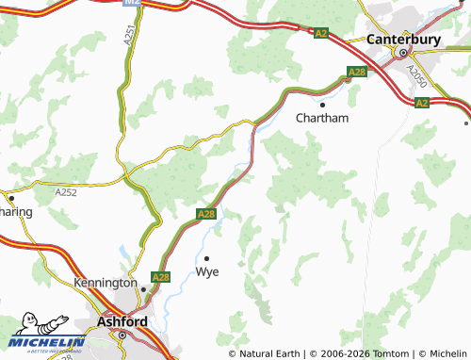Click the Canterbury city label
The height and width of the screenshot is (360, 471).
pyautogui.click(x=404, y=40)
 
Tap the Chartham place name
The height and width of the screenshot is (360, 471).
pyautogui.click(x=322, y=118)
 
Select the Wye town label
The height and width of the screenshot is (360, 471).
pyautogui.click(x=206, y=271)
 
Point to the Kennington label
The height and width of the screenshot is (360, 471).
pyautogui.click(x=106, y=282)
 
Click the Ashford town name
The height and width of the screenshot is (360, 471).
pyautogui.click(x=122, y=321)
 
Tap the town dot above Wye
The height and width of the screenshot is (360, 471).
pyautogui.click(x=206, y=256)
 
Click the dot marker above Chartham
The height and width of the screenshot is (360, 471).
pyautogui.click(x=322, y=104)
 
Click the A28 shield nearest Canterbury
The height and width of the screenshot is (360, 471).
pyautogui.click(x=357, y=72)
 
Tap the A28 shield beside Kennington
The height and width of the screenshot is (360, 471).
pyautogui.click(x=160, y=277)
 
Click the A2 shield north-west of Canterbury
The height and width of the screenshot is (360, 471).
pyautogui.click(x=321, y=33)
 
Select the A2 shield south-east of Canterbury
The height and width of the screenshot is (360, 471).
pyautogui.click(x=421, y=103)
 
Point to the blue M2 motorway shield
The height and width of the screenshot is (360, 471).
pyautogui.click(x=133, y=5)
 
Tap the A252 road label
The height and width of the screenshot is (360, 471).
pyautogui.click(x=65, y=192)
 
